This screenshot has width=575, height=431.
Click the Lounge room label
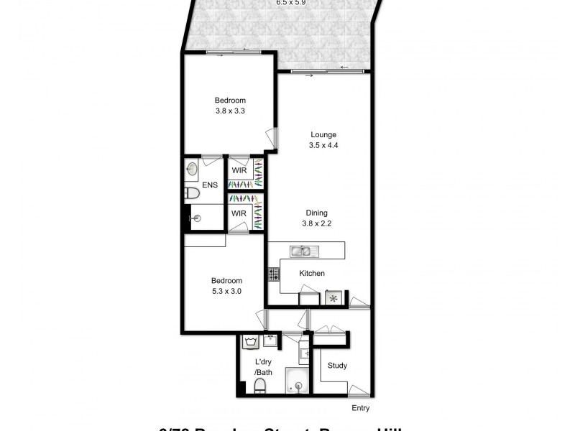[323, 134]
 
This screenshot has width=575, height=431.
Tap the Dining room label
[316, 213]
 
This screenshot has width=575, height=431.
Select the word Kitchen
[312, 273]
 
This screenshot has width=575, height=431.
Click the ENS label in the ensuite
[209, 186]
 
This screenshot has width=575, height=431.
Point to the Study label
[337, 366]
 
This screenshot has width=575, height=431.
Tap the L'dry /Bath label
[264, 367]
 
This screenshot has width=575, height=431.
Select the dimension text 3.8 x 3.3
[230, 111]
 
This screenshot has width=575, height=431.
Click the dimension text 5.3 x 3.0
[226, 291]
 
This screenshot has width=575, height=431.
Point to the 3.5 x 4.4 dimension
[323, 144]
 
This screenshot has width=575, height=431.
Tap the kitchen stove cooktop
[273, 274]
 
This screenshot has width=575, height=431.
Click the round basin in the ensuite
[193, 170]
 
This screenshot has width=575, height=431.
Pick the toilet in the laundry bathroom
[259, 388]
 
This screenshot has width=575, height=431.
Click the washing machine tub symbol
[251, 342]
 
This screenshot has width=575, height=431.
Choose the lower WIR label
[237, 213]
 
